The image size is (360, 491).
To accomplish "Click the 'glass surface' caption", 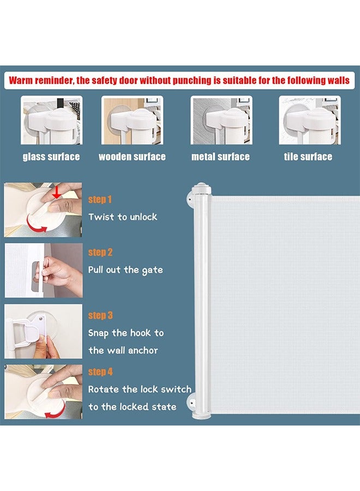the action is tap(51, 157).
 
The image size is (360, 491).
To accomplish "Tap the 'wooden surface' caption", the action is tap(132, 157).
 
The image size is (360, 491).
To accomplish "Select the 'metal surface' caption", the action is tap(220, 157).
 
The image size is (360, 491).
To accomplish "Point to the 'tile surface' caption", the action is tap(308, 157).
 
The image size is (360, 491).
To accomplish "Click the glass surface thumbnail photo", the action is tap(52, 120).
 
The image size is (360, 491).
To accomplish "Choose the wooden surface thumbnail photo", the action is tap(132, 120).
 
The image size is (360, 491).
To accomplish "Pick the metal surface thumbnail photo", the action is tap(221, 120).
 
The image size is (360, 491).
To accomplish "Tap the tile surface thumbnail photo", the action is tap(310, 120).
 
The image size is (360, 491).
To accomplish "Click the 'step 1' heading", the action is tap(100, 200).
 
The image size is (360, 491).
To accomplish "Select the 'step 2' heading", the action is tap(100, 253).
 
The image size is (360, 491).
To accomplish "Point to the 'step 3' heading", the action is tap(100, 315).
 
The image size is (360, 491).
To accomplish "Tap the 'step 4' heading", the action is tap(100, 372).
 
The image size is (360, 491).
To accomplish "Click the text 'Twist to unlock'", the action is tap(123, 217).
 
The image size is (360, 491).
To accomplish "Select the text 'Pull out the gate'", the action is tap(125, 270).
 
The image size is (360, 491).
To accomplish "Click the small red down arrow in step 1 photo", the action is tap(56, 191).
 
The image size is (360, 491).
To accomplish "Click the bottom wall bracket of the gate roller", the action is tap(191, 402).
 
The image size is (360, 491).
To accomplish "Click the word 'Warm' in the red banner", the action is tap(21, 81).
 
